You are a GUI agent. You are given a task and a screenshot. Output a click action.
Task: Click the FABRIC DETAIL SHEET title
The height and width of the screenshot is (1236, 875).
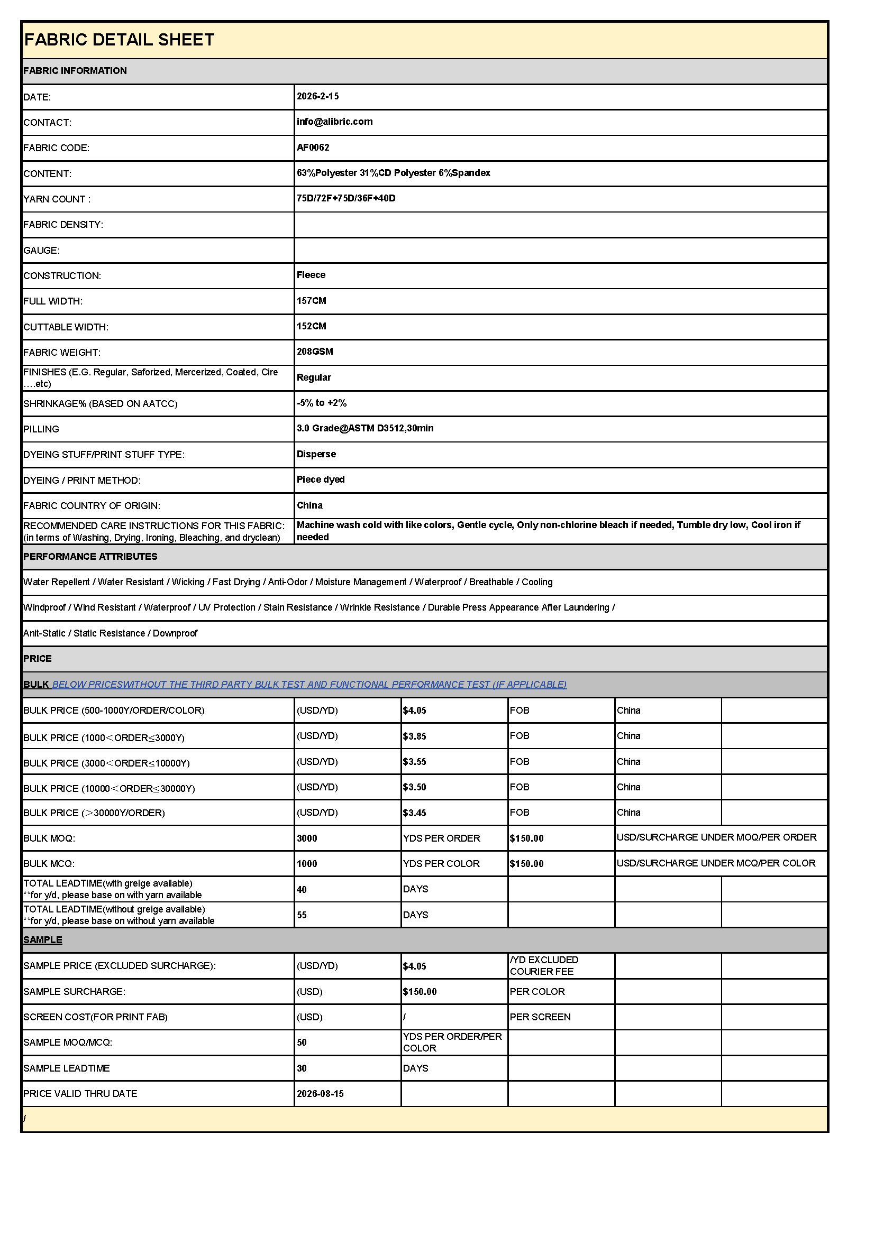click(119, 40)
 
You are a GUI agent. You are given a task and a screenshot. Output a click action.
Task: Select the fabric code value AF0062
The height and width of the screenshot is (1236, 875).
click(313, 147)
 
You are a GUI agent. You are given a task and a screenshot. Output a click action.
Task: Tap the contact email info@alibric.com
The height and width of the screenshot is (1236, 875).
click(334, 122)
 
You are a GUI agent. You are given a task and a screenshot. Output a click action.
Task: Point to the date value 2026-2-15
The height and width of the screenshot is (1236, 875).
click(318, 96)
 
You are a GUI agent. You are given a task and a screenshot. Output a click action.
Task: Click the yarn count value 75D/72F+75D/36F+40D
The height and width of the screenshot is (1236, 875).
click(346, 198)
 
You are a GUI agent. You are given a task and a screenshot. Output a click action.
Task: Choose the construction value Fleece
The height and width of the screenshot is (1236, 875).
click(311, 275)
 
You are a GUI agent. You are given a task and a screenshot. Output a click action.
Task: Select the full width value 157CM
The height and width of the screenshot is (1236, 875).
click(312, 301)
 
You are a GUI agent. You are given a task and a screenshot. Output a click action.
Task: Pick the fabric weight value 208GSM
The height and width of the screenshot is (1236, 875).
click(315, 352)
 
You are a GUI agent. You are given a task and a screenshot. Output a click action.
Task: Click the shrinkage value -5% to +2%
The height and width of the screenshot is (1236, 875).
click(322, 403)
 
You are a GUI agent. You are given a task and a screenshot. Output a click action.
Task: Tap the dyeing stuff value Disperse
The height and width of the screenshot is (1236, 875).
click(316, 454)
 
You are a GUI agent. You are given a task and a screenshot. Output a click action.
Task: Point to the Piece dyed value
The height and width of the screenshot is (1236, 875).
click(321, 479)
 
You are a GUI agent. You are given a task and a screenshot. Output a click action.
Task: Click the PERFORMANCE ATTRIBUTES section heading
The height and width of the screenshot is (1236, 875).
click(90, 557)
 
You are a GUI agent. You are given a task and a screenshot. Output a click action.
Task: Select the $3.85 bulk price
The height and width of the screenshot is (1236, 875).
click(414, 736)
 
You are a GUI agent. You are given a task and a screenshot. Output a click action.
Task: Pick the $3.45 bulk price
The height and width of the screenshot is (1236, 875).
click(414, 813)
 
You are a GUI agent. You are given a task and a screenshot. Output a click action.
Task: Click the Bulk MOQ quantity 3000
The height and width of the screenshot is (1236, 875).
click(307, 838)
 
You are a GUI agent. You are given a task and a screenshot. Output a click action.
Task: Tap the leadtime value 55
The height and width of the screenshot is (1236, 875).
click(302, 915)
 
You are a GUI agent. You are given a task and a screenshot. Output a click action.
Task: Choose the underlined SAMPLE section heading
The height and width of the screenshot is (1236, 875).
click(42, 940)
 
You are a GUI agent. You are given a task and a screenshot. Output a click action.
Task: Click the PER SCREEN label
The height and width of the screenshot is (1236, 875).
click(540, 1017)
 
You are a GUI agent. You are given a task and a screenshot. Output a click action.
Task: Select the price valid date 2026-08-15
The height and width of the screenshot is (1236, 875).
click(320, 1093)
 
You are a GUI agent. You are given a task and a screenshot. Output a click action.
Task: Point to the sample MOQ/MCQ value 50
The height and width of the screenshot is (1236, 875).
click(302, 1043)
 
